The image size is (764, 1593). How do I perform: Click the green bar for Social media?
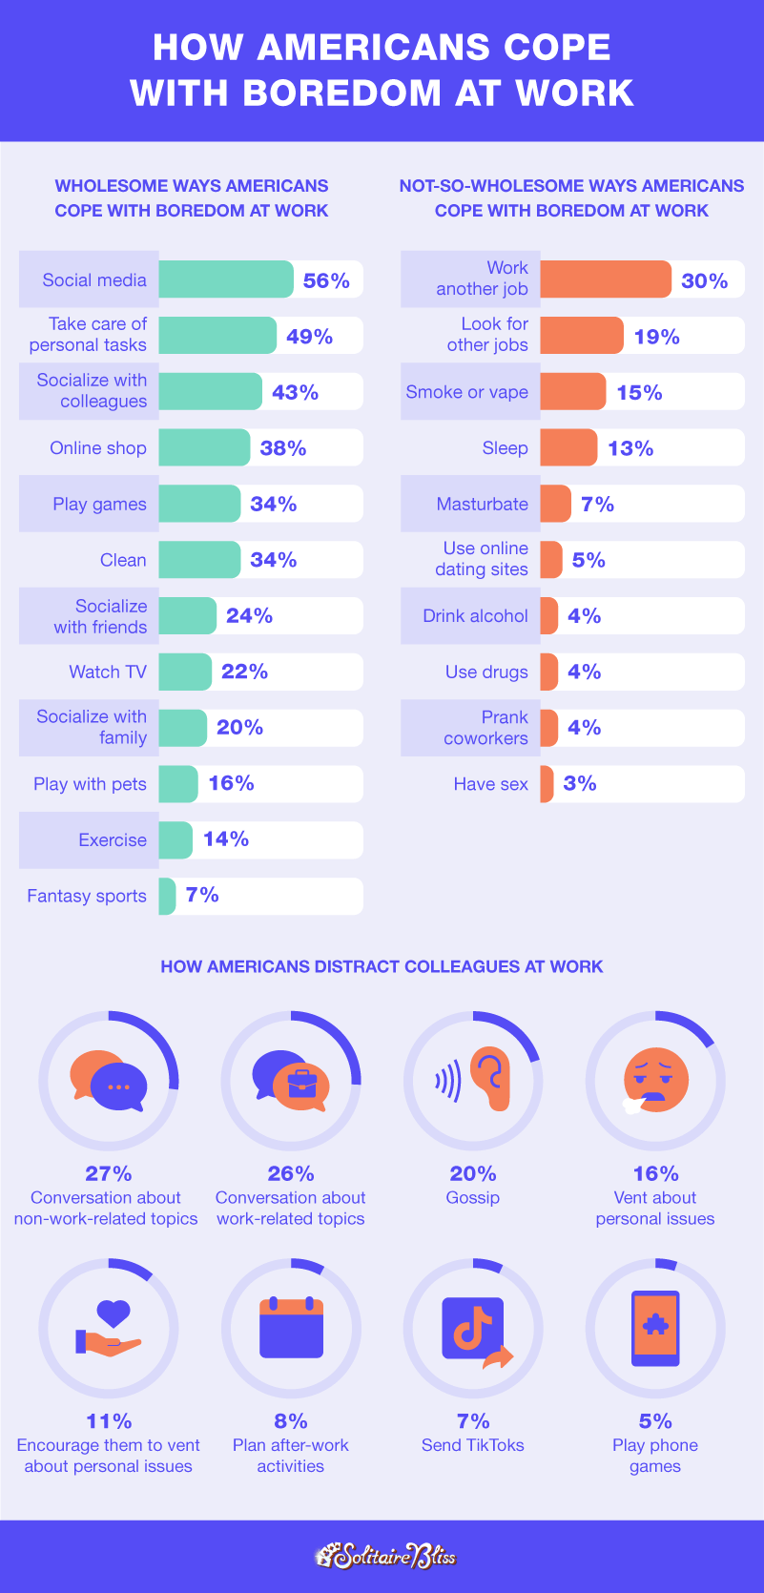point(225,279)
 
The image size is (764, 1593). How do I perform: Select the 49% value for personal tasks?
point(309,337)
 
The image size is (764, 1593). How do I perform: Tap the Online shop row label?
point(98,448)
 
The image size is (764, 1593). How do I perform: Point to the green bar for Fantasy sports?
point(167,896)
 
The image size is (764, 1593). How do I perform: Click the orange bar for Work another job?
point(606,279)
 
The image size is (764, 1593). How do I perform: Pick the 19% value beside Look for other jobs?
point(656,337)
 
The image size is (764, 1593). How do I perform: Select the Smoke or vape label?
point(466,392)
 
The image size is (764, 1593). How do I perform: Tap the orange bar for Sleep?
point(568,447)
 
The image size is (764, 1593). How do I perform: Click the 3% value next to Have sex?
point(580,784)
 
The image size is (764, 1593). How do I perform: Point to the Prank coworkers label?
point(485,728)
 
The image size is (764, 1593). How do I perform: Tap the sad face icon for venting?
point(655,1080)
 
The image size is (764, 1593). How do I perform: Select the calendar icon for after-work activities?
point(291,1327)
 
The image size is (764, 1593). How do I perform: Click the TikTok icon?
point(473,1329)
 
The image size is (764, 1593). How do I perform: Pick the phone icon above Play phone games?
point(655,1329)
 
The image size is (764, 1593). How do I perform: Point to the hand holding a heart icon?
point(109,1328)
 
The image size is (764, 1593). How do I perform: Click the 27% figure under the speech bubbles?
point(108,1173)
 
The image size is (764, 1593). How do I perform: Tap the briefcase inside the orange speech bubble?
point(301,1084)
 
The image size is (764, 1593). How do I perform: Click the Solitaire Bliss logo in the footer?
point(384,1556)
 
